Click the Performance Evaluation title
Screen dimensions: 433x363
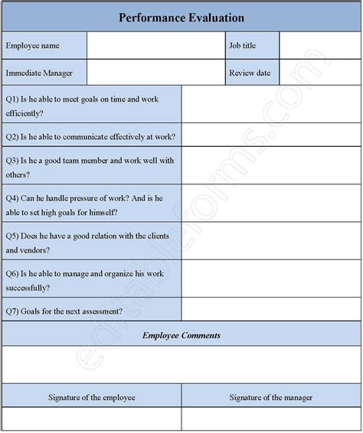click(x=181, y=17)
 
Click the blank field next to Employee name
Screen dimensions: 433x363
click(x=155, y=45)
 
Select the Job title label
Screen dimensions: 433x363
click(x=243, y=45)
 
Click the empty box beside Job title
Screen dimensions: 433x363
click(x=319, y=45)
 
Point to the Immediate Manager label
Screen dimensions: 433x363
click(x=40, y=73)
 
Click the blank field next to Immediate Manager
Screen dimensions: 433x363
click(x=155, y=73)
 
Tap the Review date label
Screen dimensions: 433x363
click(x=249, y=73)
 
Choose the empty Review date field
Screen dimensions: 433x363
click(x=319, y=73)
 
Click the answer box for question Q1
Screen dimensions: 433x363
click(x=271, y=105)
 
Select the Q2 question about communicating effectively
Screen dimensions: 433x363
click(x=91, y=137)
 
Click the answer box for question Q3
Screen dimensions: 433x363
click(x=271, y=166)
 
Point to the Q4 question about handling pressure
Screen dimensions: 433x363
click(x=91, y=203)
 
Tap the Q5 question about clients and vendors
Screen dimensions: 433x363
click(x=91, y=242)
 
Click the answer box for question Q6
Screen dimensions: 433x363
click(x=271, y=279)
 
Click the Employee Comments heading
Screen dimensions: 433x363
click(x=181, y=334)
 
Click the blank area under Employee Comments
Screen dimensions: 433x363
click(x=181, y=365)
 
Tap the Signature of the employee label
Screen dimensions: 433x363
click(x=92, y=397)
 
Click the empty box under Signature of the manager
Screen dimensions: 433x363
click(x=271, y=420)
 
